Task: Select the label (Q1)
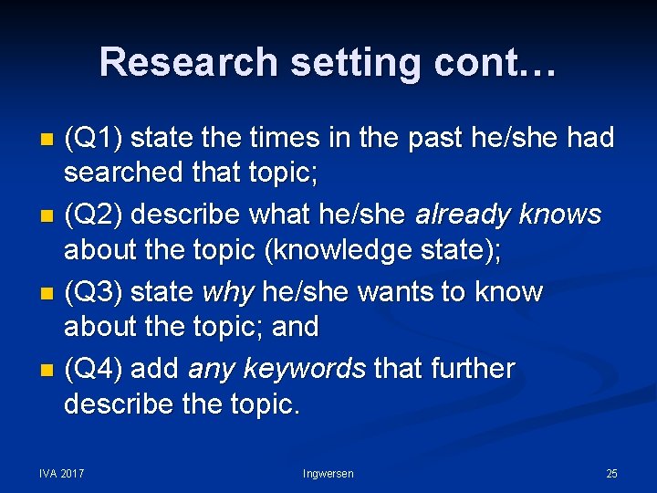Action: (96, 138)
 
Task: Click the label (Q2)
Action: (96, 215)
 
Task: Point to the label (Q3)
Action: (96, 292)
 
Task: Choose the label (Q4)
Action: (96, 369)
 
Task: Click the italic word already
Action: (464, 215)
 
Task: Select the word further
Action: (474, 369)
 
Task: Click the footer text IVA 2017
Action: (62, 473)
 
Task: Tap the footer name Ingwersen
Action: (328, 473)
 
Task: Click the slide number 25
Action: (611, 473)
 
